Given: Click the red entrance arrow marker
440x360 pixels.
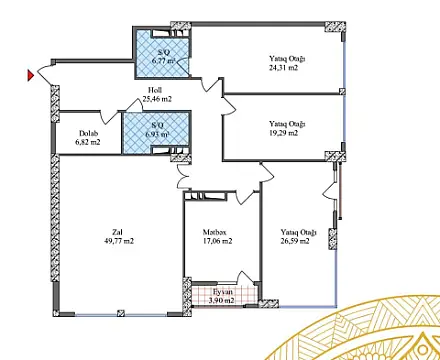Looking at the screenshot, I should click(31, 73).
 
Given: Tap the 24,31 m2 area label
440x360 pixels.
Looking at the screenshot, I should click(287, 70).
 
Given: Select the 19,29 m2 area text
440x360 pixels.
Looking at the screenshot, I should click(287, 134).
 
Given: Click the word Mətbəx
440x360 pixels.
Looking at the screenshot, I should click(215, 231).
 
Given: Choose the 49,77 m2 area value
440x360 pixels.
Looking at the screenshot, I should click(117, 241).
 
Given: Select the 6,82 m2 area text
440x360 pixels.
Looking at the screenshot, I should click(89, 143).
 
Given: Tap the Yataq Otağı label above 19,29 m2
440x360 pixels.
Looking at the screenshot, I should click(287, 124).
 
